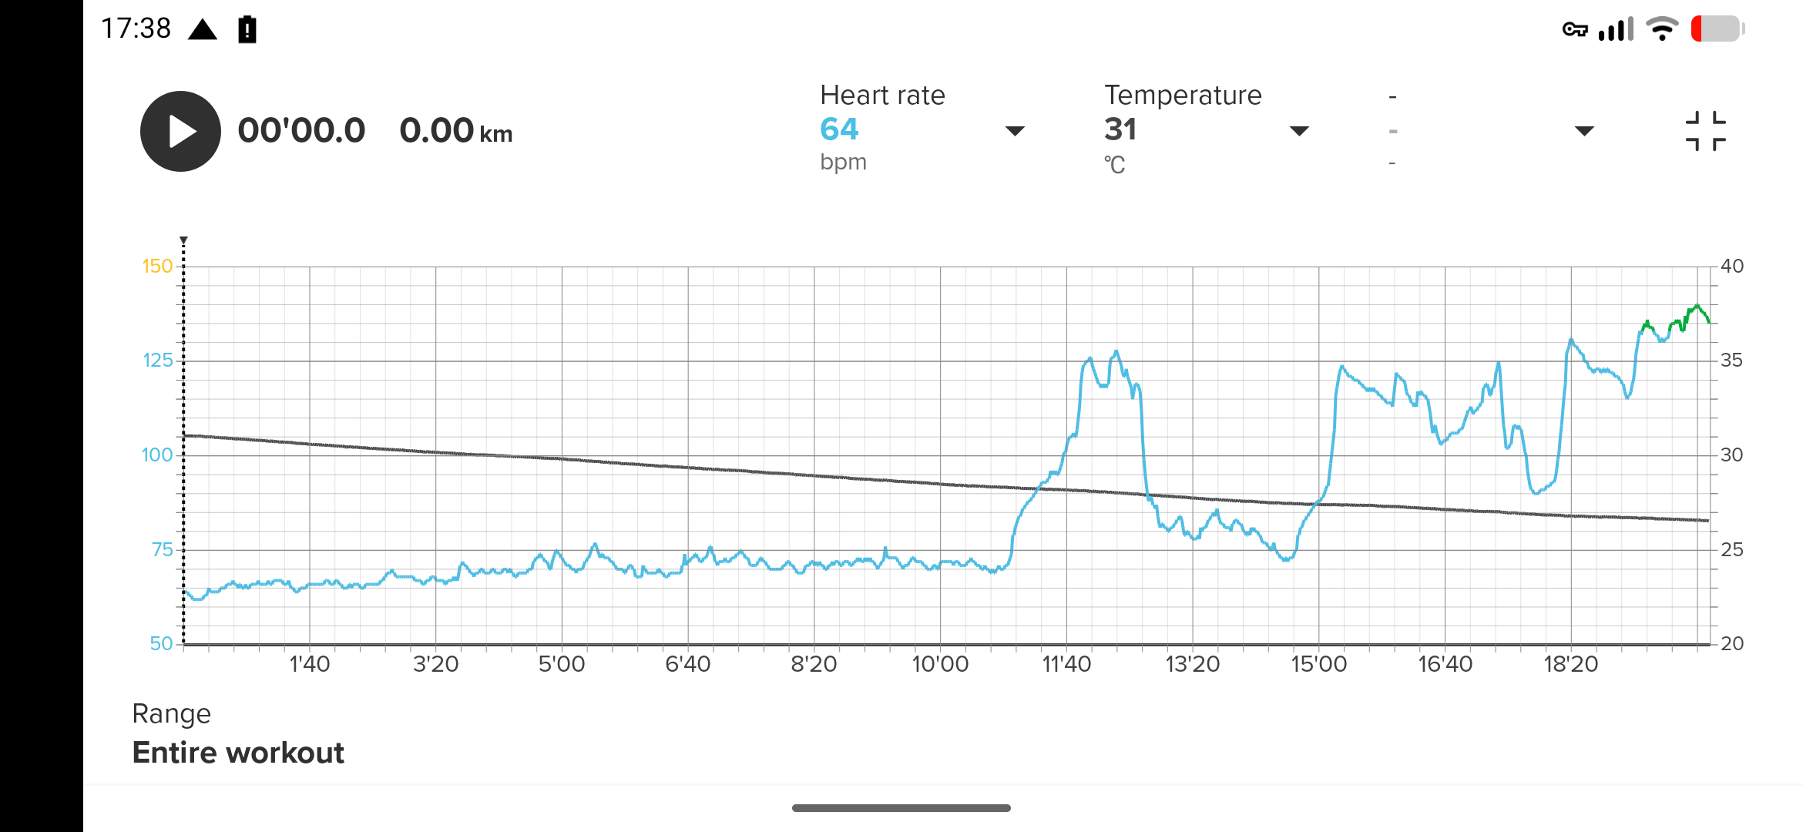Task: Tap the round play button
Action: point(180,131)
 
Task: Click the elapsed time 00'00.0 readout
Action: point(301,131)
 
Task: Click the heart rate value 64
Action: point(839,129)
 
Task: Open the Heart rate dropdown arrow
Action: point(1015,131)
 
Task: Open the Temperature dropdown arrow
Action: point(1299,131)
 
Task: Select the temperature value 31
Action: point(1120,129)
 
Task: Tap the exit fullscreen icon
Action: point(1705,131)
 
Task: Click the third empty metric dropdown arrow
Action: point(1584,131)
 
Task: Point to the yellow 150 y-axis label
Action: point(157,267)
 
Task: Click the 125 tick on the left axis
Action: point(157,361)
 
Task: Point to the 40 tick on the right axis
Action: point(1732,267)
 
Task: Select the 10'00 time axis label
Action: point(940,664)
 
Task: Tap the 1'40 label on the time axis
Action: point(309,664)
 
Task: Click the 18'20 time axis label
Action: point(1570,664)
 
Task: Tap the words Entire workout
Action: point(238,753)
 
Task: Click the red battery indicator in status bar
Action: point(1717,29)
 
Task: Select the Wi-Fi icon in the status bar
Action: point(1661,29)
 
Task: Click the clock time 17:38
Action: point(136,29)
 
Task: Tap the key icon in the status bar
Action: point(1575,29)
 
